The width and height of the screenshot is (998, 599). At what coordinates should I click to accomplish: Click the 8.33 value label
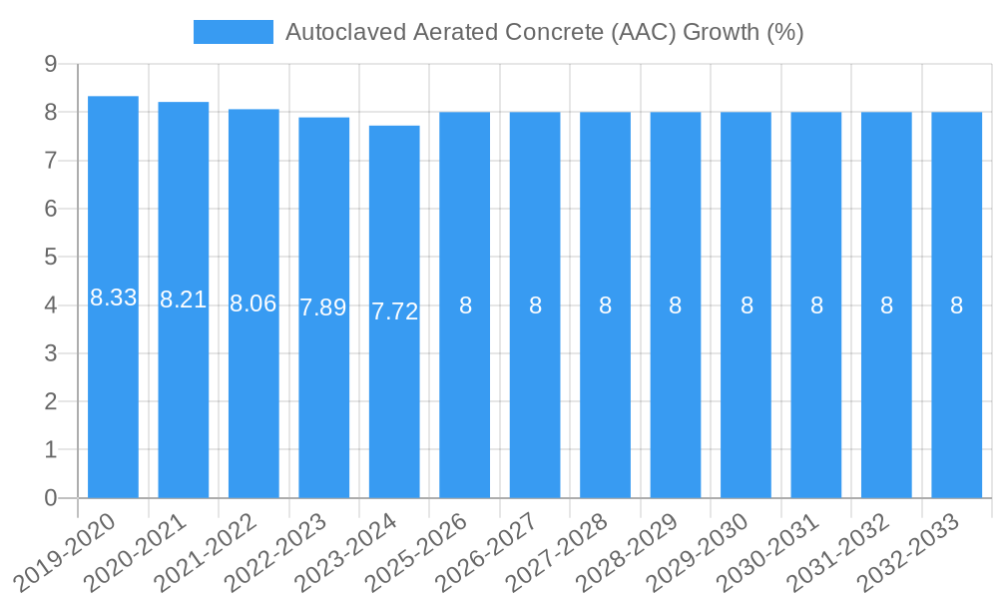click(x=113, y=298)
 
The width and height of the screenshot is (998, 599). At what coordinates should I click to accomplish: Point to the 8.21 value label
click(x=184, y=299)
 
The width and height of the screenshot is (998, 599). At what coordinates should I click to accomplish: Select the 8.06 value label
click(x=253, y=303)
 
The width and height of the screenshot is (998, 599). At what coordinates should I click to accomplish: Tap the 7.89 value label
click(x=323, y=307)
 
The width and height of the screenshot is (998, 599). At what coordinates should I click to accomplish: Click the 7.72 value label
click(x=394, y=311)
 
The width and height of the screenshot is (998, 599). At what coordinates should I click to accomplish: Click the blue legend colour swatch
click(x=233, y=32)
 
